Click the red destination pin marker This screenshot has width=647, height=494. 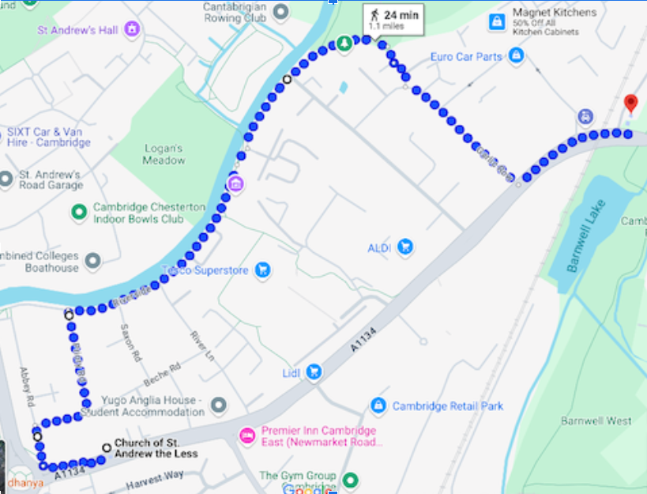(x=630, y=104)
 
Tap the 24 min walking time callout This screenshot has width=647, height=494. (x=393, y=19)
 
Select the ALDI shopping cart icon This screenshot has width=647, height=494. (x=405, y=247)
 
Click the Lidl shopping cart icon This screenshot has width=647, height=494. (x=314, y=371)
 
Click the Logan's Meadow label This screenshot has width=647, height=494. (x=164, y=154)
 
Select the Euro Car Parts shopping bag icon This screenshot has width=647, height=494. (x=517, y=55)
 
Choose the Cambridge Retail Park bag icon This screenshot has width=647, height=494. (x=378, y=405)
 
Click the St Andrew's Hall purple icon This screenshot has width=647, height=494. (x=132, y=30)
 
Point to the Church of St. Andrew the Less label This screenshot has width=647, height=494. (x=156, y=448)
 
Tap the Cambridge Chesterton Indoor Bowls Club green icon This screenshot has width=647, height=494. (x=79, y=212)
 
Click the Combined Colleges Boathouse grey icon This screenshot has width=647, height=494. (x=93, y=261)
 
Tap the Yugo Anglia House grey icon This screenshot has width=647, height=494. (x=218, y=405)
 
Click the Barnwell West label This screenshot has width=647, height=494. (x=596, y=420)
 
